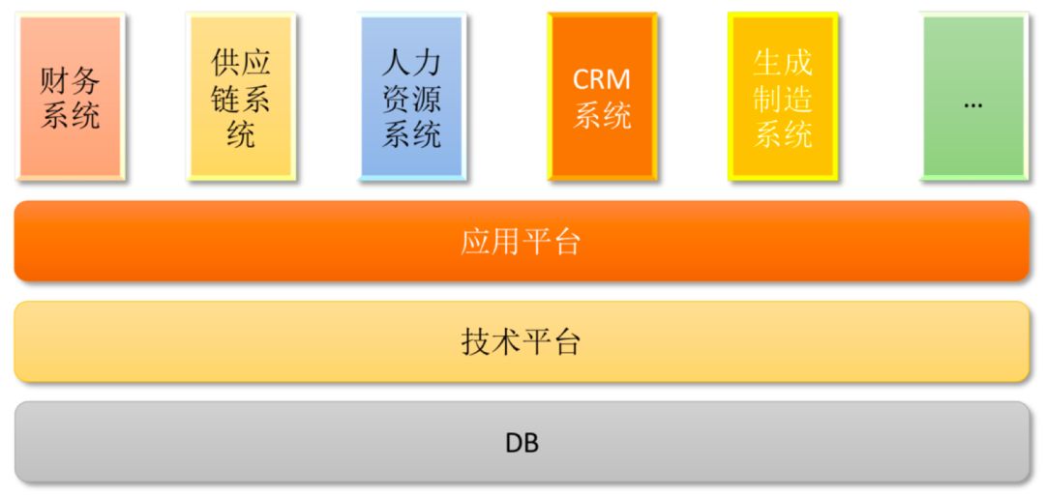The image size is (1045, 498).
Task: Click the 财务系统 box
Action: click(70, 97)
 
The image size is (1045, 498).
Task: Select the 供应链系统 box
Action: click(241, 97)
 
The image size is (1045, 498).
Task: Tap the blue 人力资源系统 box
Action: click(411, 97)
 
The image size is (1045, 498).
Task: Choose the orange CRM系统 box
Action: click(602, 97)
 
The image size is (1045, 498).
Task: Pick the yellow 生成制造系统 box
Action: click(783, 97)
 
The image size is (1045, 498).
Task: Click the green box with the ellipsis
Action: click(973, 97)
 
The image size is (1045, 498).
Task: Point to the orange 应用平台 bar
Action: click(522, 242)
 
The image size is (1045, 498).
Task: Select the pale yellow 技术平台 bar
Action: click(522, 342)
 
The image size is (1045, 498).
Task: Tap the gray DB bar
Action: click(522, 443)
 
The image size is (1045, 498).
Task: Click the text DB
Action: click(522, 443)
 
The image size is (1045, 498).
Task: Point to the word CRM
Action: click(602, 78)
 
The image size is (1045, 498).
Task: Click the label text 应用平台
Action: click(521, 242)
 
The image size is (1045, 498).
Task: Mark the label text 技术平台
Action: click(521, 342)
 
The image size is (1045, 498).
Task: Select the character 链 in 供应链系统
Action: click(225, 99)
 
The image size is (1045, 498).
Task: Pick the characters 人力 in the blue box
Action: click(411, 63)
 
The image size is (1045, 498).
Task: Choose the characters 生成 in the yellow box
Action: click(783, 63)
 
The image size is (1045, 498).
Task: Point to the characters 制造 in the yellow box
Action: click(783, 99)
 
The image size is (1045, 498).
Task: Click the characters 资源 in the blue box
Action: click(411, 99)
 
